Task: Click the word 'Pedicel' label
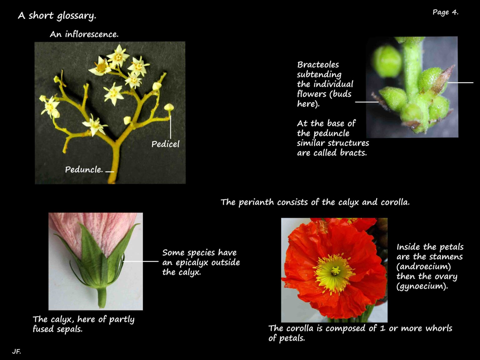(165, 144)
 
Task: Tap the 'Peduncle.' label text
(84, 170)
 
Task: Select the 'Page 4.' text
(445, 12)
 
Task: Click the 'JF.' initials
(16, 352)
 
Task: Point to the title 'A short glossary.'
(57, 16)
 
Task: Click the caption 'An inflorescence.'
(84, 34)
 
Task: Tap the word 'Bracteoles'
(318, 65)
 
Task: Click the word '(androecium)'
(423, 267)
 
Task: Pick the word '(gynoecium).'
(422, 286)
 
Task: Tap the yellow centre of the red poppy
(335, 271)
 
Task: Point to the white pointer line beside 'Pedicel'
(171, 127)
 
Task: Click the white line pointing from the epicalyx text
(141, 261)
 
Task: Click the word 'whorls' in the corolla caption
(439, 328)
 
